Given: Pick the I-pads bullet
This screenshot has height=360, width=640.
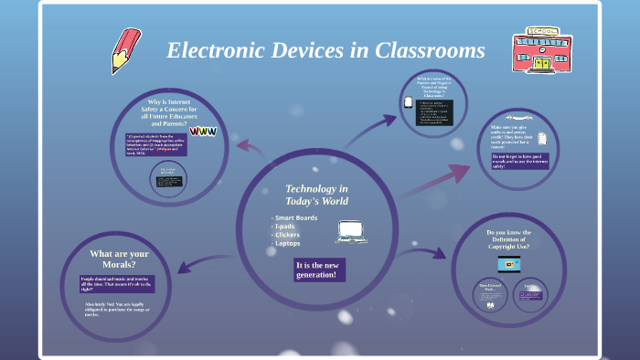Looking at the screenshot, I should [287, 226].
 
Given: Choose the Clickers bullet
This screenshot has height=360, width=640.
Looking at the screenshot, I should [289, 235].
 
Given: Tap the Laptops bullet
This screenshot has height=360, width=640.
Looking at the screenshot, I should [289, 243].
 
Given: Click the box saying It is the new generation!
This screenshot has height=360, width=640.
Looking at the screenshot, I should [316, 270].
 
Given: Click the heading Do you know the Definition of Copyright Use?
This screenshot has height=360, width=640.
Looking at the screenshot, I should [508, 239].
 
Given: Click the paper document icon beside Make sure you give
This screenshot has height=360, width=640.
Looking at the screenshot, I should [542, 139].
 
